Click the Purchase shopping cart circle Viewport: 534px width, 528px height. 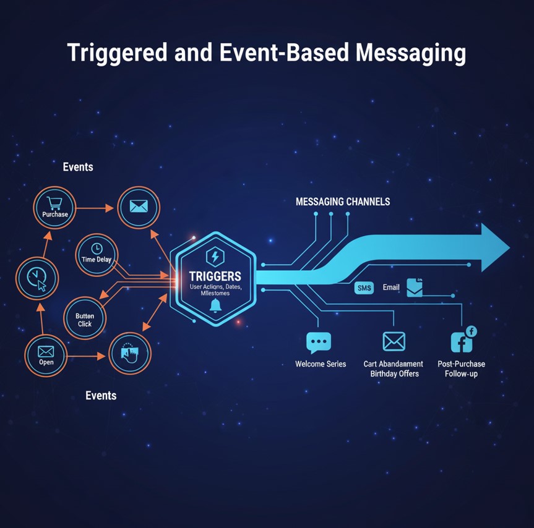pyautogui.click(x=55, y=208)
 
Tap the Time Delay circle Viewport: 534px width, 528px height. pyautogui.click(x=97, y=253)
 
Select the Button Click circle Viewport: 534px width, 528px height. pyautogui.click(x=85, y=318)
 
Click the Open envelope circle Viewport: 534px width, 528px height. pyautogui.click(x=46, y=356)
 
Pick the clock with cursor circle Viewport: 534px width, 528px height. pyautogui.click(x=37, y=279)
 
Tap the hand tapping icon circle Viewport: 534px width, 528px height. pyautogui.click(x=130, y=352)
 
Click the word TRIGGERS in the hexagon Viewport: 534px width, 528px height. pyautogui.click(x=215, y=276)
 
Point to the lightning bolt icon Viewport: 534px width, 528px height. pyautogui.click(x=216, y=256)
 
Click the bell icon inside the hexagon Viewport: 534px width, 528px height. pyautogui.click(x=215, y=305)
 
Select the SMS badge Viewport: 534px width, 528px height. pyautogui.click(x=364, y=287)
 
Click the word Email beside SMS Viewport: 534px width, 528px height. pyautogui.click(x=391, y=287)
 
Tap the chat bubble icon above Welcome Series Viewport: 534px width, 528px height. pyautogui.click(x=319, y=342)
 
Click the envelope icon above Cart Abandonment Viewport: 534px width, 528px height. pyautogui.click(x=394, y=341)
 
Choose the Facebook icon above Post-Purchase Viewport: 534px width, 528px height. pyautogui.click(x=462, y=341)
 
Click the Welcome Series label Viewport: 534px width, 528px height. pyautogui.click(x=321, y=364)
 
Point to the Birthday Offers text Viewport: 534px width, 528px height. pyautogui.click(x=394, y=374)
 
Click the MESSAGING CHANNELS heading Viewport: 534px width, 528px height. pyautogui.click(x=342, y=202)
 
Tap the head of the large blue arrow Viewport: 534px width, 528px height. pyautogui.click(x=491, y=247)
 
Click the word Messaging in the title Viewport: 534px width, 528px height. pyautogui.click(x=410, y=53)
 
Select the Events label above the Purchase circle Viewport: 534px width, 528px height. pyautogui.click(x=78, y=167)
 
